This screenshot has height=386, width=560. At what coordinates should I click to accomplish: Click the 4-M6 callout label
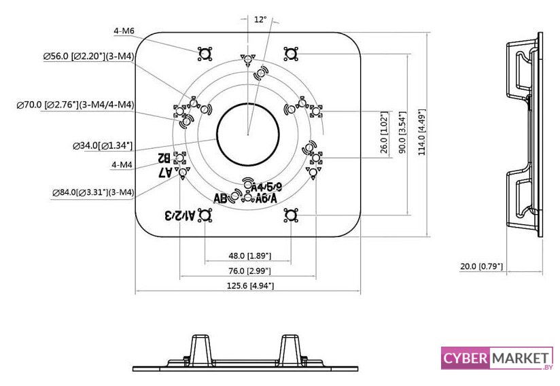point(125,31)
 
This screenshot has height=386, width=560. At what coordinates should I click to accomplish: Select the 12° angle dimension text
point(260,20)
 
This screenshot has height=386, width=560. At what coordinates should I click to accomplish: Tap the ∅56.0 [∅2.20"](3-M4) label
point(88,57)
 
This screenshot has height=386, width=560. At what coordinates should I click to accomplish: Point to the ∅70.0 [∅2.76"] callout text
point(75,105)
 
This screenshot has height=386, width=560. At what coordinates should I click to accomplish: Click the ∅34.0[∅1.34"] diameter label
point(102,145)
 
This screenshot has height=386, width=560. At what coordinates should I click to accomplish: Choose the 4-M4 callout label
point(122,164)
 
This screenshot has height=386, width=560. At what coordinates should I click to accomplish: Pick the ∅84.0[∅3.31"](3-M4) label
point(93,193)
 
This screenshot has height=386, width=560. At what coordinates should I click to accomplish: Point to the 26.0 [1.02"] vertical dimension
point(384,133)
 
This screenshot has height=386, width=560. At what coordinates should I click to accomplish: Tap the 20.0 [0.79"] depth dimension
point(481,266)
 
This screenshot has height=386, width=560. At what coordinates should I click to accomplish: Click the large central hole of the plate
point(249,134)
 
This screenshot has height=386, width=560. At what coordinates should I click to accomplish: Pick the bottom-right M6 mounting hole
point(291,215)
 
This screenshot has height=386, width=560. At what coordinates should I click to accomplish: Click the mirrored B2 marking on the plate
point(164,158)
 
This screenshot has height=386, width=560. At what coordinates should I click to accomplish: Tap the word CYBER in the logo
point(466,357)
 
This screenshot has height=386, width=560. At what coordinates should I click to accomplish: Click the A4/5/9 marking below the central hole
point(266,187)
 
